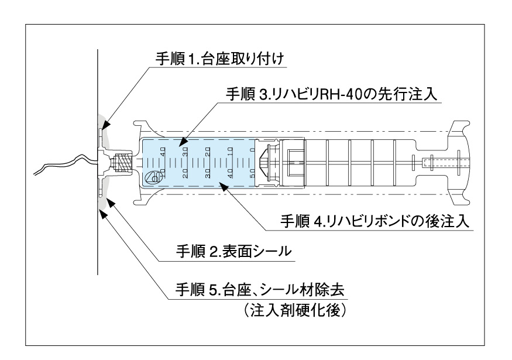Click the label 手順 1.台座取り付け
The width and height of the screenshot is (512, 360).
219,60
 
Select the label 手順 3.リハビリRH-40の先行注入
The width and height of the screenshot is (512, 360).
331,94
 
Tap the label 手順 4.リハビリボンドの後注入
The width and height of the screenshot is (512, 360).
374,222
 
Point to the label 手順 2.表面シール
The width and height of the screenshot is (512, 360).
233,252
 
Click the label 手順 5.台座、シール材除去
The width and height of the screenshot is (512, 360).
260,289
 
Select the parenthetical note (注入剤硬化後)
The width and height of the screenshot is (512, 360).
294,310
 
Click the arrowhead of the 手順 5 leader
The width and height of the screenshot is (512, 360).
104,214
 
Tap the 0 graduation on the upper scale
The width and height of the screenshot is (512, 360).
252,150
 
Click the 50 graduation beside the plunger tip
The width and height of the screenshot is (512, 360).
252,173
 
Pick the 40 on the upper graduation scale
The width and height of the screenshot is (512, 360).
163,151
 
